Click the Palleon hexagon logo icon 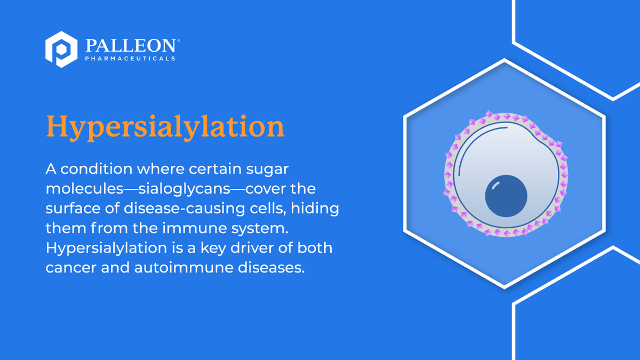coord(62,49)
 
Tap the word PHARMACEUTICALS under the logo coord(130,58)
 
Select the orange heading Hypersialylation coord(165,126)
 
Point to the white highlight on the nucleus coord(495,185)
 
